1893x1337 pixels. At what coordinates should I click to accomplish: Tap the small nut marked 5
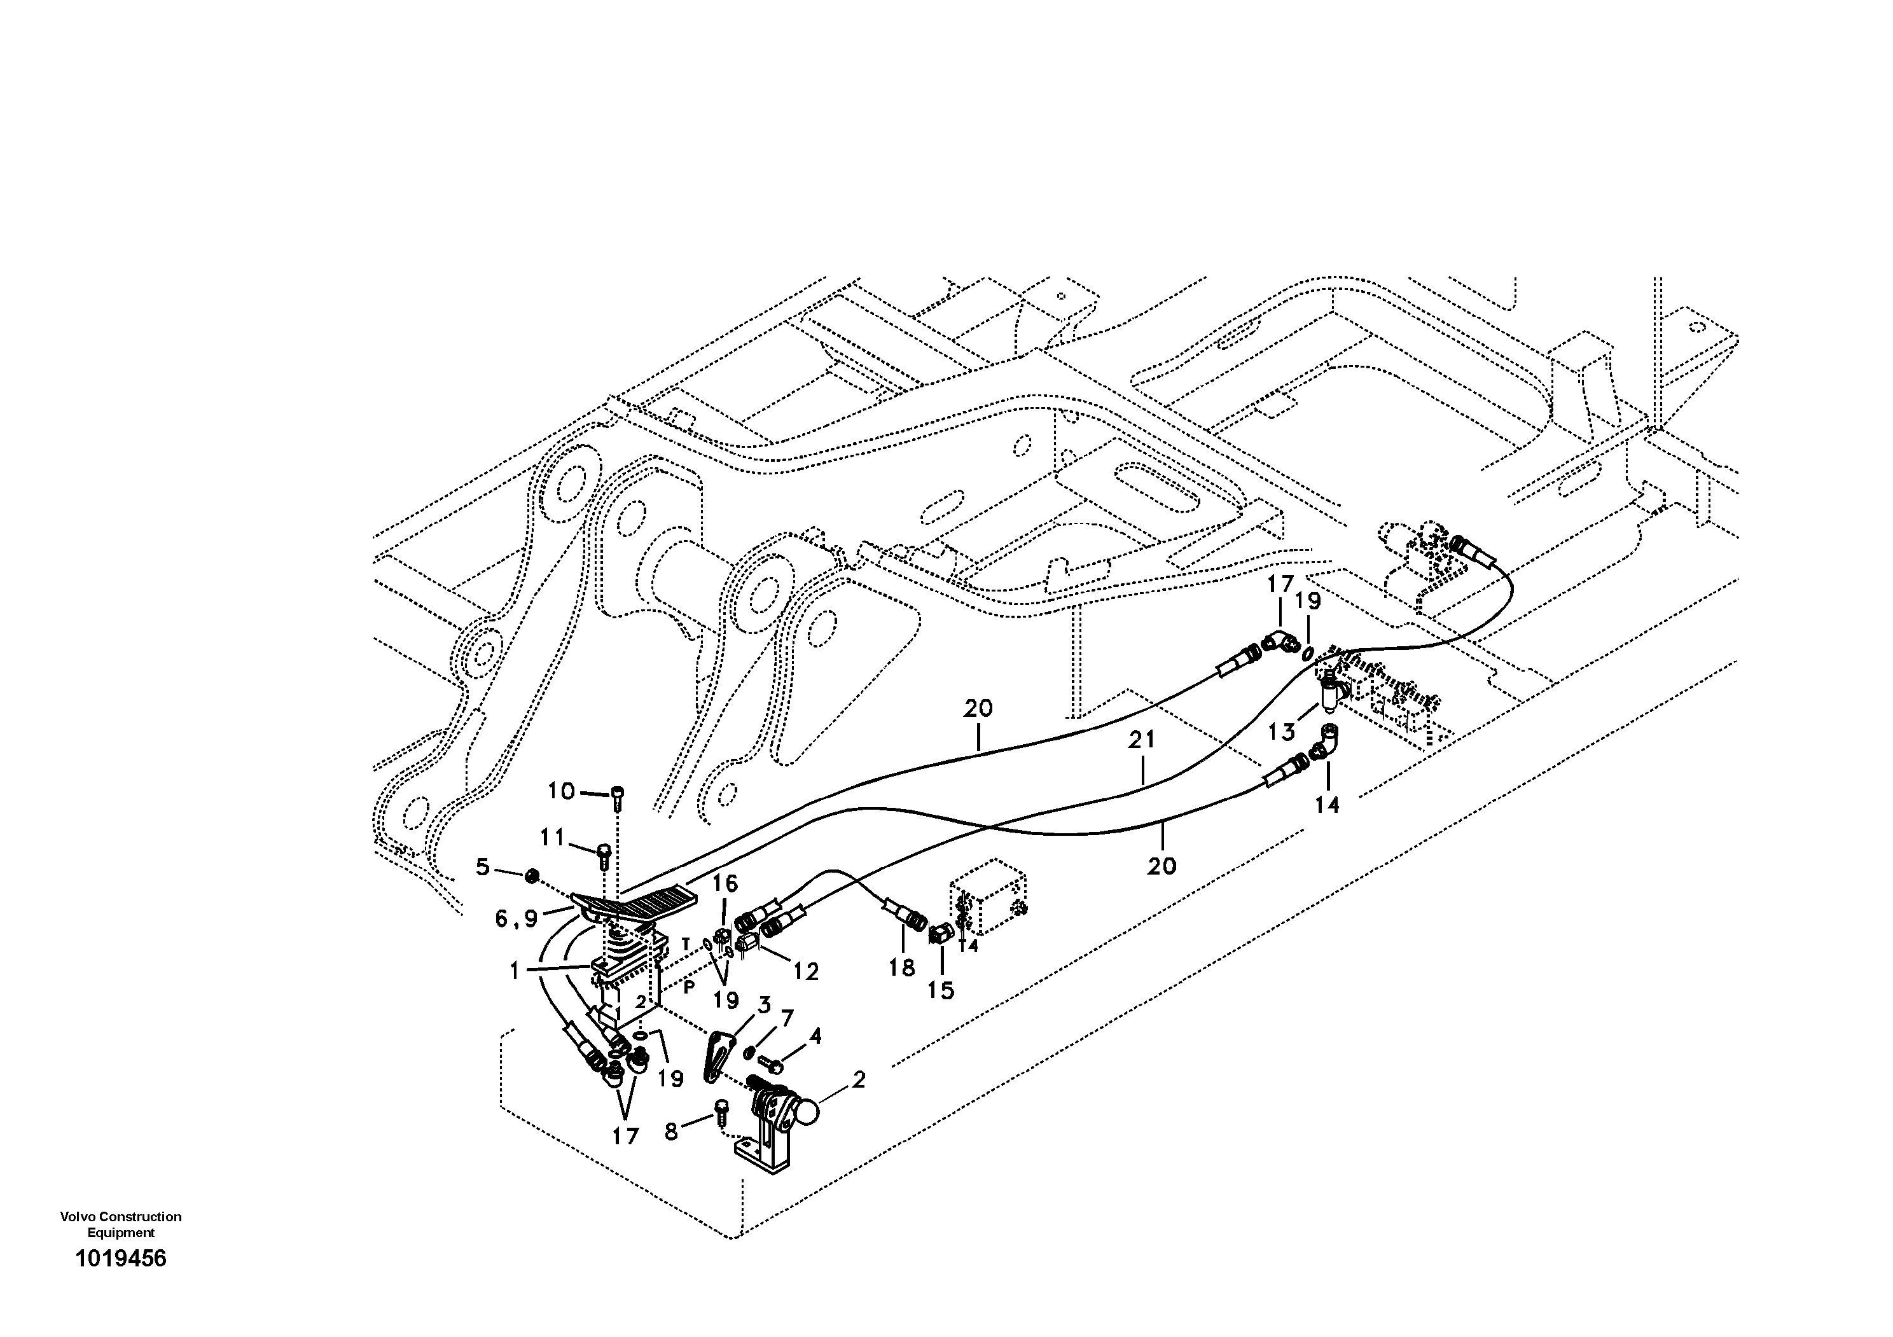pyautogui.click(x=532, y=875)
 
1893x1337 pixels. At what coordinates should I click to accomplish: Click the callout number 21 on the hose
pyautogui.click(x=1142, y=740)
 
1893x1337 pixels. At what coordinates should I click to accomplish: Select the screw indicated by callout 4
pyautogui.click(x=775, y=1066)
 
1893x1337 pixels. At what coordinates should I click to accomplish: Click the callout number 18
pyautogui.click(x=902, y=967)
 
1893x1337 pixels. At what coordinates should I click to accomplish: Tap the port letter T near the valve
pyautogui.click(x=684, y=943)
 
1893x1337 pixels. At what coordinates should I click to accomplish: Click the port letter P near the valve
pyautogui.click(x=690, y=986)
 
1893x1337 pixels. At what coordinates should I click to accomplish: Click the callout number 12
pyautogui.click(x=805, y=972)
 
